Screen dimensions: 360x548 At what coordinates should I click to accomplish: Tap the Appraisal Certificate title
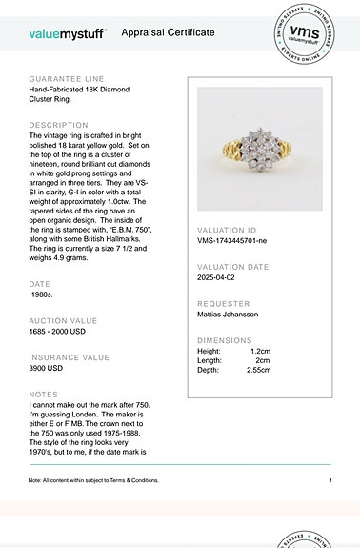pos(168,32)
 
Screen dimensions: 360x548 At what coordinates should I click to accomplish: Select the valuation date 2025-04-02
pos(221,278)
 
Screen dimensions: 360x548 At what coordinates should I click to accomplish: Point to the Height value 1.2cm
pos(259,352)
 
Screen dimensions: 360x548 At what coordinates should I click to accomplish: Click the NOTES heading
pos(43,394)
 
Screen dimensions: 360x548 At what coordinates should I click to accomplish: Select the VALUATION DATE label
pos(233,267)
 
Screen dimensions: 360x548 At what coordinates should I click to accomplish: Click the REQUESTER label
pos(224,303)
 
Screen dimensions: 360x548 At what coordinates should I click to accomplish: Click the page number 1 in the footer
pos(330,480)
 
